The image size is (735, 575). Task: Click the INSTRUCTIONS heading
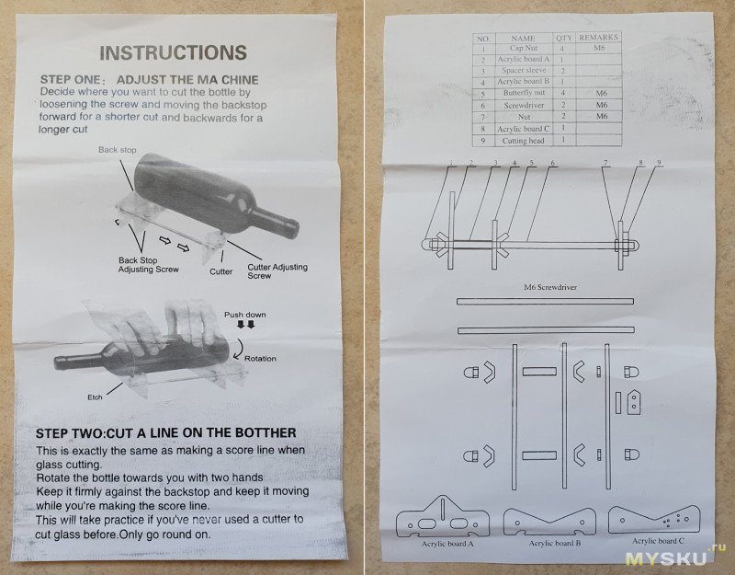[173, 52]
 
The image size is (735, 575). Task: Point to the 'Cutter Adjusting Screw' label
[277, 270]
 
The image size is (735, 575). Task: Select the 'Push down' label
[244, 315]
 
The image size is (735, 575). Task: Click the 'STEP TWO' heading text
[164, 432]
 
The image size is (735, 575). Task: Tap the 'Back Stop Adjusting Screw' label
[148, 265]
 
